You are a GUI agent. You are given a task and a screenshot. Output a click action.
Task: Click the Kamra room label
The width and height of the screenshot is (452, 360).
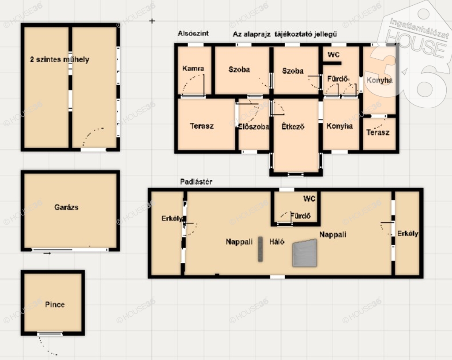[x=193, y=68]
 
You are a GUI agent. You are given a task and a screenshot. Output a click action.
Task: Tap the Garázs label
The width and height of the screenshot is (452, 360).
[x=66, y=207]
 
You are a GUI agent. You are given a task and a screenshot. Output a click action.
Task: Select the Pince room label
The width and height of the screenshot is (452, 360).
[x=55, y=304]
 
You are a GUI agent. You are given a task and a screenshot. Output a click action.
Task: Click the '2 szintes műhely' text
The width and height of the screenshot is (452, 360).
[x=60, y=60]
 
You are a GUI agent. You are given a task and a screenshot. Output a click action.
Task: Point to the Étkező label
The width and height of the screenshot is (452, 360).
[x=293, y=126]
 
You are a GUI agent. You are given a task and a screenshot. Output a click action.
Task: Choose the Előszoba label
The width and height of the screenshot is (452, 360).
[x=253, y=127]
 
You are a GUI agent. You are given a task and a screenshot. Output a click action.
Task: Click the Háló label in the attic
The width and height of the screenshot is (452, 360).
[x=277, y=242]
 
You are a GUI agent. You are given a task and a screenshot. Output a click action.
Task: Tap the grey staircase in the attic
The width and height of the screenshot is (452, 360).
[x=305, y=253]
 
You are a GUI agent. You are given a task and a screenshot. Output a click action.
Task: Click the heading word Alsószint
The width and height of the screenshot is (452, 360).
[x=193, y=33]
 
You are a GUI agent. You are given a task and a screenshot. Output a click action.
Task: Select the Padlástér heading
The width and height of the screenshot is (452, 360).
[x=196, y=182]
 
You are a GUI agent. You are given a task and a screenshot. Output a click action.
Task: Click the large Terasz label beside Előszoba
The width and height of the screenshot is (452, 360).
[x=202, y=126]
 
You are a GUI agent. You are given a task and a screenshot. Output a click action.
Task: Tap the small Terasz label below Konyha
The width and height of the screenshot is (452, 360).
[x=378, y=132]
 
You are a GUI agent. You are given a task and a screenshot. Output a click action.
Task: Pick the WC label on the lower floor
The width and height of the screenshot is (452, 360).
[x=334, y=54]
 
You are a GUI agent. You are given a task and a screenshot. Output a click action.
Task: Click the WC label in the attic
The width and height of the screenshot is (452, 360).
[x=309, y=198]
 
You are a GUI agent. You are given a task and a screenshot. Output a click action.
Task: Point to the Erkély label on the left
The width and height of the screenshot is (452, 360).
[x=172, y=218]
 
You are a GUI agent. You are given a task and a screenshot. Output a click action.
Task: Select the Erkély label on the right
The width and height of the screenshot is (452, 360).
[x=407, y=233]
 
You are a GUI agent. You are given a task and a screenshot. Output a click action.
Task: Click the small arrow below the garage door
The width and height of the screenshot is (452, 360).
[x=47, y=253]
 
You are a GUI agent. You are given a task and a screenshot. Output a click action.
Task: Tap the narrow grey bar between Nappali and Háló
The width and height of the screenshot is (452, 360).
[x=260, y=249]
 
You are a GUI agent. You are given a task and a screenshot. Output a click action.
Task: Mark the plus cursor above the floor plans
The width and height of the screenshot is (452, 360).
[x=152, y=21]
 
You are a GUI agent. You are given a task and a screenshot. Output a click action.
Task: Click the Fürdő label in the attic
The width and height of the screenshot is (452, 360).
[x=300, y=216]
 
